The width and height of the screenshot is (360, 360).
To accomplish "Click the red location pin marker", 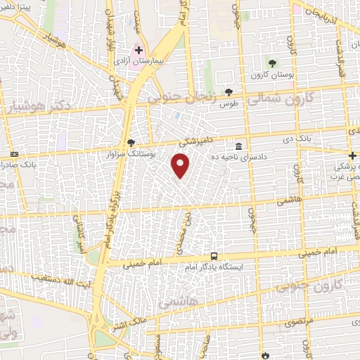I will point(181,167).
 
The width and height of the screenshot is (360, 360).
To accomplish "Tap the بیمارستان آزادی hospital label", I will point(140,62).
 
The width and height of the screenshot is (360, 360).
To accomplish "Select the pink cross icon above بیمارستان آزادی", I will point(139,51).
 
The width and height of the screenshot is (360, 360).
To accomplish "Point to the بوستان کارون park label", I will point(271,74).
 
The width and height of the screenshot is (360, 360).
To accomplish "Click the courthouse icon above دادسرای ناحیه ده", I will point(240,147).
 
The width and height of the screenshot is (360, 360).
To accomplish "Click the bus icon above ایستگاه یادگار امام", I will point(214,257).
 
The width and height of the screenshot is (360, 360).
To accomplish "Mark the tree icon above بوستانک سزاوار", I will point(130,143).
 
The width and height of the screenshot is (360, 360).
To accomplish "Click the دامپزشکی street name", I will point(194,142).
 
